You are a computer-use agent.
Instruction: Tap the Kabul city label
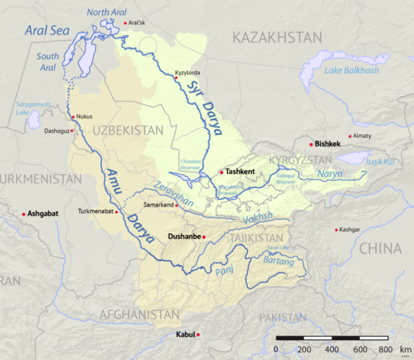(185, 335)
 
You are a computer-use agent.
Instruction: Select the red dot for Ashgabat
(24, 214)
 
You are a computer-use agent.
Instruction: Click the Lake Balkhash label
(352, 71)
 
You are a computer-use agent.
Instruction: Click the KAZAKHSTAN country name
(277, 38)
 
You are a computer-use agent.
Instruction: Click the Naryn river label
(330, 174)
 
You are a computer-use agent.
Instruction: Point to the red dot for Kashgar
(336, 229)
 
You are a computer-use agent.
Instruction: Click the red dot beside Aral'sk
(125, 24)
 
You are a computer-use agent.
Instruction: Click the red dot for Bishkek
(311, 144)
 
